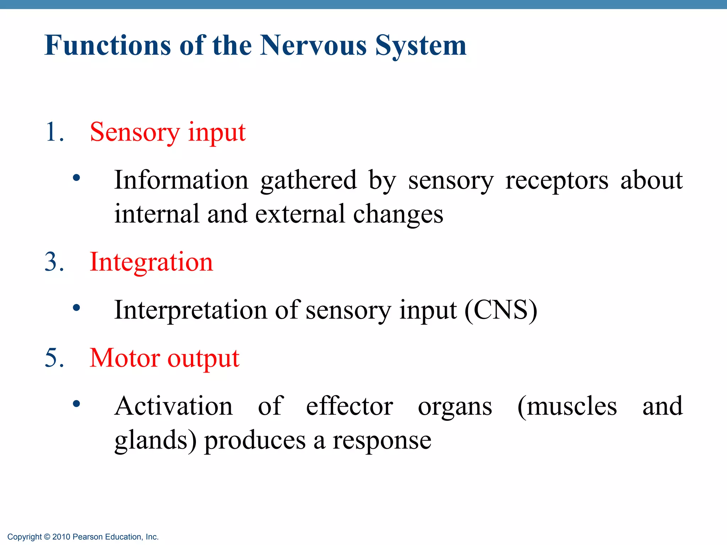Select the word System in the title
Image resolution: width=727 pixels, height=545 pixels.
(x=421, y=46)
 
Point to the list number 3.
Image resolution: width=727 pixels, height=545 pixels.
(x=54, y=262)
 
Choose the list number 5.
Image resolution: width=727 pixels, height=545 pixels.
(x=54, y=358)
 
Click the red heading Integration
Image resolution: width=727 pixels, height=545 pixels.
(x=151, y=262)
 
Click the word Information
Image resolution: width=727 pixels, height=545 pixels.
(x=181, y=180)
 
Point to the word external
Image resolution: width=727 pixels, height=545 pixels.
(x=300, y=214)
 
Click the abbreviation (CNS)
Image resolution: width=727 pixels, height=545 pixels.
(x=501, y=310)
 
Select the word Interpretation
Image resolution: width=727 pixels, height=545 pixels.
(x=191, y=310)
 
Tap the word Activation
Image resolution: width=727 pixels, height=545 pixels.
(x=174, y=406)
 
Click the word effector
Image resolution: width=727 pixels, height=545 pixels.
(x=349, y=406)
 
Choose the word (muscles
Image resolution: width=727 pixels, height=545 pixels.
(x=567, y=407)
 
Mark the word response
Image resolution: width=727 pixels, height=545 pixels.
(x=382, y=441)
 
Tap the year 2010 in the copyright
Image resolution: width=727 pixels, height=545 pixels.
(x=61, y=537)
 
